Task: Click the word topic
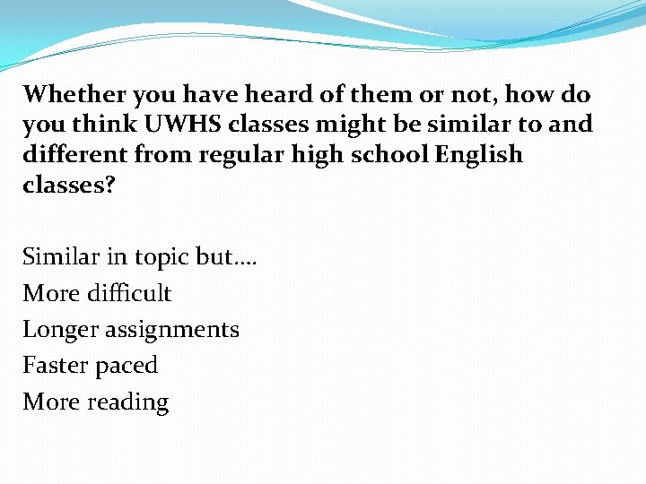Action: coord(161,258)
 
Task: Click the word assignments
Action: coord(171,330)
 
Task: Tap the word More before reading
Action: coord(51,402)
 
